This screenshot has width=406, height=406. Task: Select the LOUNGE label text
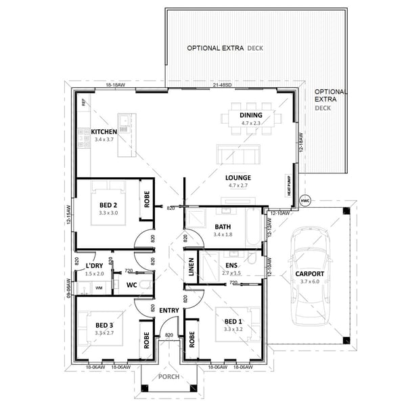pyautogui.click(x=239, y=177)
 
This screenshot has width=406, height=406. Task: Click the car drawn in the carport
pyautogui.click(x=309, y=275)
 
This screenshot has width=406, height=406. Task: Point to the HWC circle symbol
pyautogui.click(x=304, y=201)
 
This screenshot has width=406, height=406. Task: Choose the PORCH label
pyautogui.click(x=169, y=377)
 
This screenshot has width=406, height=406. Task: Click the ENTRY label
pyautogui.click(x=168, y=310)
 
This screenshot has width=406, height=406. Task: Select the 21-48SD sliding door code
pyautogui.click(x=222, y=85)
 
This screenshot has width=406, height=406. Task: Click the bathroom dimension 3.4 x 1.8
pyautogui.click(x=223, y=235)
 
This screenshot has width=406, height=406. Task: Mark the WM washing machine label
pyautogui.click(x=99, y=288)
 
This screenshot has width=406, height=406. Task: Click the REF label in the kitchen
pyautogui.click(x=84, y=103)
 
